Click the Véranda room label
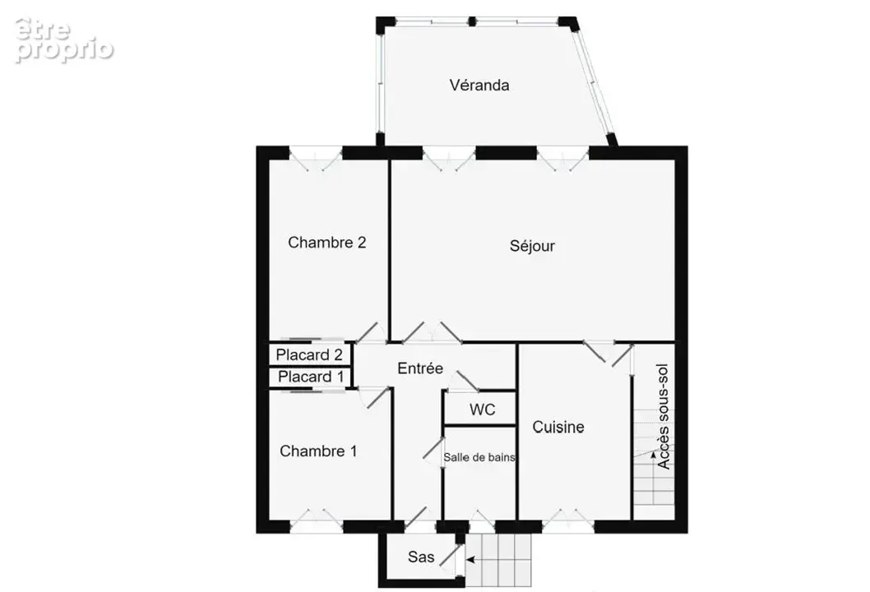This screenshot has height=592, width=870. click(x=479, y=86)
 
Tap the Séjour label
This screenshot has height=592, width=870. click(x=532, y=246)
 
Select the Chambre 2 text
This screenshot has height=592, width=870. click(x=326, y=243)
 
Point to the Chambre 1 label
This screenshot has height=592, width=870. click(x=318, y=451)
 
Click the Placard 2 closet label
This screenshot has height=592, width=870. click(x=309, y=354)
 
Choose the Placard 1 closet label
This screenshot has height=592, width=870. click(x=311, y=377)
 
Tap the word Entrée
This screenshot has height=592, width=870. click(x=420, y=368)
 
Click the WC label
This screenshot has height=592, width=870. click(x=482, y=409)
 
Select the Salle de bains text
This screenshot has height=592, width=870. click(x=479, y=457)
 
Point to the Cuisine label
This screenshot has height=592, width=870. click(x=558, y=427)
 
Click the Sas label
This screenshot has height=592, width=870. click(x=420, y=557)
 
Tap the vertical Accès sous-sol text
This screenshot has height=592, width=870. click(x=663, y=417)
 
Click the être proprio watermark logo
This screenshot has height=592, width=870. click(x=64, y=40)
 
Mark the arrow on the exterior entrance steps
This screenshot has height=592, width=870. click(x=470, y=560)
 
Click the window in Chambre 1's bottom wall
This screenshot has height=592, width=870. click(x=317, y=521)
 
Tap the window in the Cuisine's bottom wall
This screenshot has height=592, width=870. click(x=568, y=521)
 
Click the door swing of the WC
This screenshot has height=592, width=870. click(x=463, y=382)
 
